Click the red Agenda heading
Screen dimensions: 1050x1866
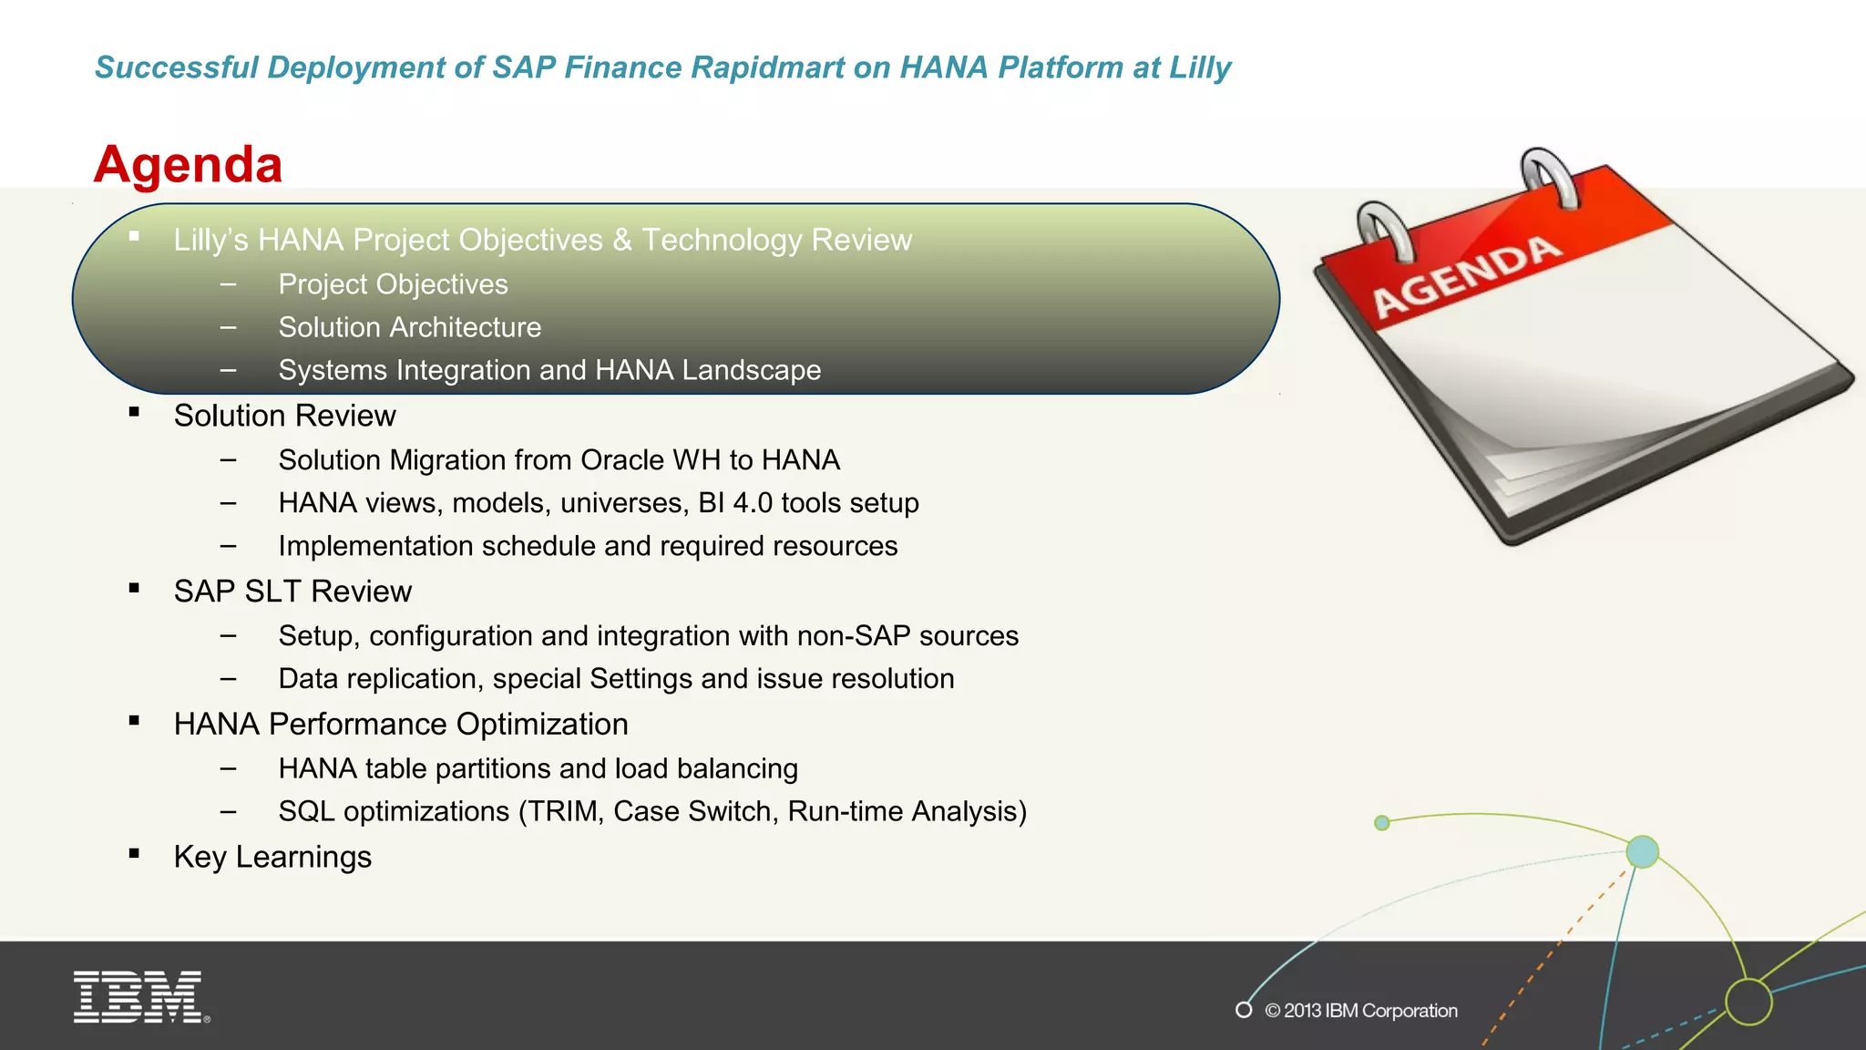[x=189, y=165]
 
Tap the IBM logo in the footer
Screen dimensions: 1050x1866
[x=140, y=996]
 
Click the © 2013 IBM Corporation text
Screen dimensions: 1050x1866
[x=1360, y=1010]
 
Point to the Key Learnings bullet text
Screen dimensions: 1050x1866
[x=272, y=857]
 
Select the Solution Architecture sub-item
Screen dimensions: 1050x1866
[x=409, y=327]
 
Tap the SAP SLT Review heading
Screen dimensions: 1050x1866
[x=292, y=592]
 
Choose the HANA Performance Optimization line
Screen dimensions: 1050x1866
[x=401, y=724]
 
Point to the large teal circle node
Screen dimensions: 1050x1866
[x=1642, y=851]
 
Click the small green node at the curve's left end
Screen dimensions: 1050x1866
[x=1381, y=823]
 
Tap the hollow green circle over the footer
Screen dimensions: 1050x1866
[x=1748, y=1002]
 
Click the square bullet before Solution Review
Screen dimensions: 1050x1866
[x=134, y=412]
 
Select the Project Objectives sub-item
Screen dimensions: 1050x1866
[x=393, y=284]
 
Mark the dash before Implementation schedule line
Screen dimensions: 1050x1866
[x=228, y=546]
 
